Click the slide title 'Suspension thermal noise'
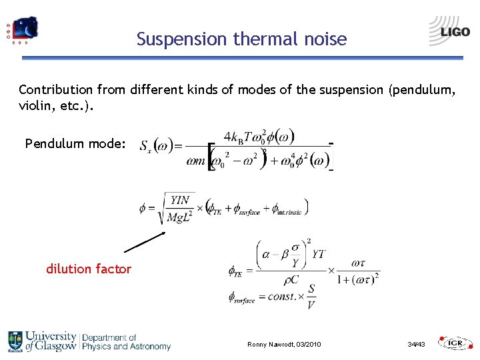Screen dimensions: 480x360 coord(241,39)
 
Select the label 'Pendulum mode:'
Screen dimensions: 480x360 coord(75,143)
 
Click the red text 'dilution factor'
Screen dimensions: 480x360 coord(89,269)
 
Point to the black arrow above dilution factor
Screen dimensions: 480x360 coord(144,242)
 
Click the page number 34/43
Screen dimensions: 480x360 coord(417,344)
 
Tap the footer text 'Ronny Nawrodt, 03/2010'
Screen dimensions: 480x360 coord(284,344)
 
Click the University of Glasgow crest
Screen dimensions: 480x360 coord(15,341)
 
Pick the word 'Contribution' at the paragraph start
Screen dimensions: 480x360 coord(55,89)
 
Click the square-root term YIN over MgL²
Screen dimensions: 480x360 coord(178,209)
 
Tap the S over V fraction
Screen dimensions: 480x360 coord(311,296)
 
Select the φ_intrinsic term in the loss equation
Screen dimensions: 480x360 coord(285,210)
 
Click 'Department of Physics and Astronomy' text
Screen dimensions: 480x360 coord(126,342)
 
